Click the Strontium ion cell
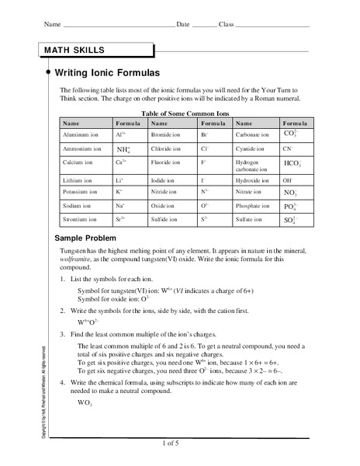[78, 221]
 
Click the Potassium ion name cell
[79, 193]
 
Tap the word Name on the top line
[51, 25]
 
